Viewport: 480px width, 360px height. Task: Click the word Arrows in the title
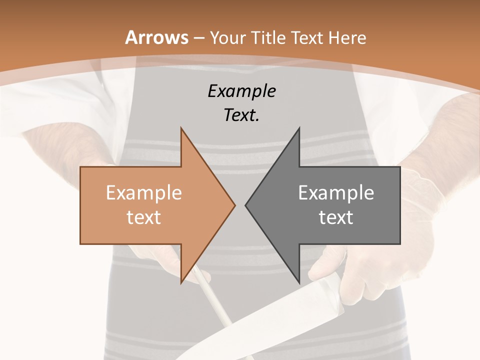tap(157, 37)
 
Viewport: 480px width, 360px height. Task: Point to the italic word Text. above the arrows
tap(241, 115)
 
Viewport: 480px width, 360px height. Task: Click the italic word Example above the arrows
tap(241, 91)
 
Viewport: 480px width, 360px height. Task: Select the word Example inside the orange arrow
tap(143, 193)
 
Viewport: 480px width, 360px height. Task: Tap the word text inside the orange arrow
tap(143, 217)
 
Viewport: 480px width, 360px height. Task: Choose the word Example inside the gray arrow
tap(336, 193)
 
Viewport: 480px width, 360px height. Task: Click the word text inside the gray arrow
tap(336, 217)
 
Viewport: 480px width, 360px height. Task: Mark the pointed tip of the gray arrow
tap(246, 205)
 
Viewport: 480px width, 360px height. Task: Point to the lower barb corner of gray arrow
tap(299, 282)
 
